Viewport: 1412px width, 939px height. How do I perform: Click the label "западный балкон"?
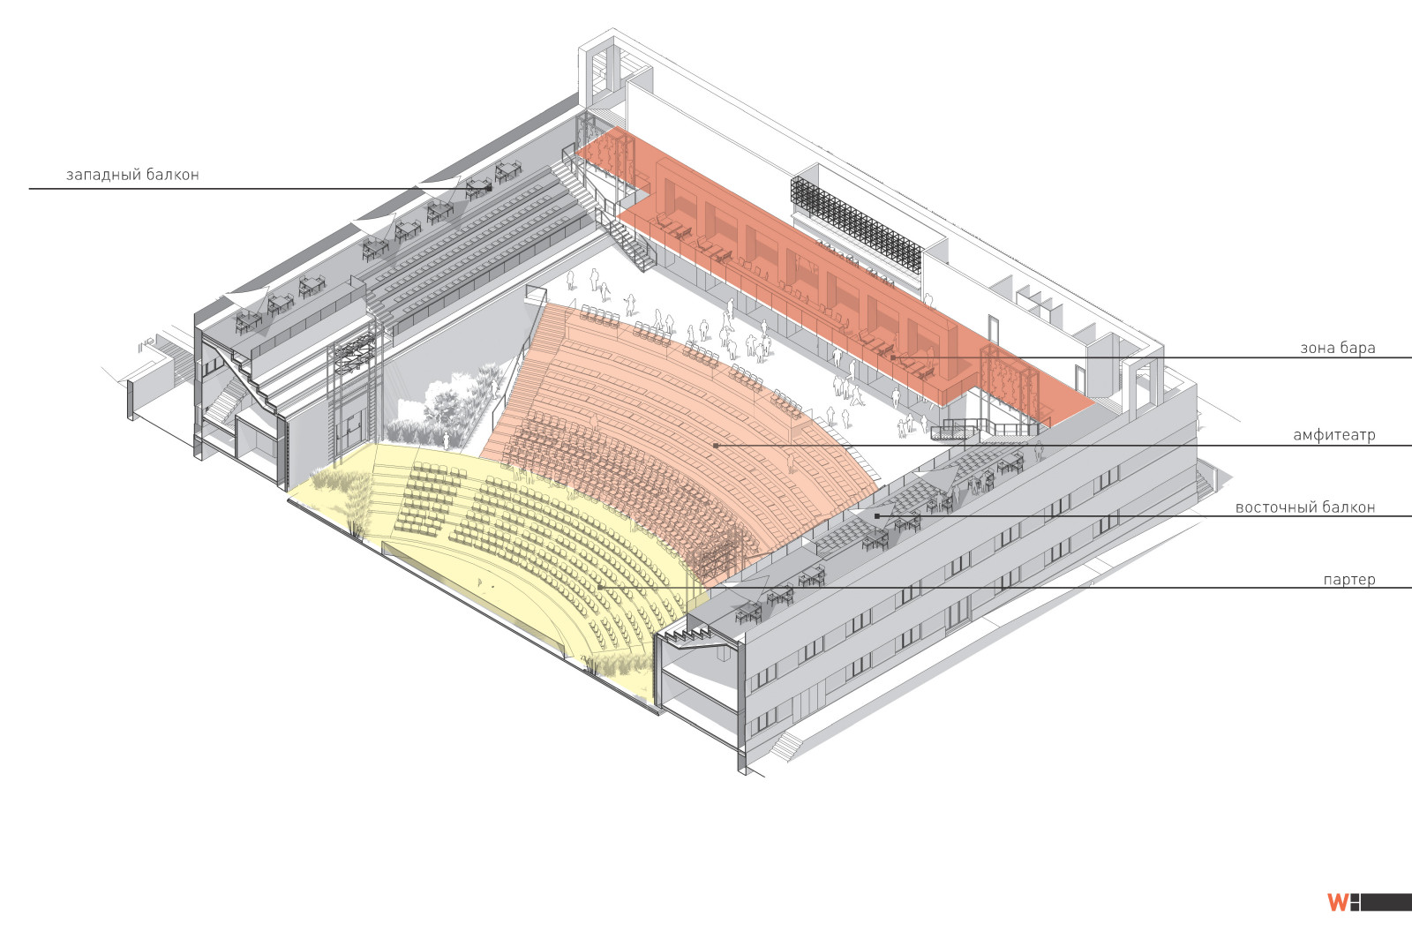(x=132, y=175)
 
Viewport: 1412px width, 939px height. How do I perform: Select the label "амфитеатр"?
(x=1333, y=435)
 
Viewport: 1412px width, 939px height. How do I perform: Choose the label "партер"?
(x=1349, y=580)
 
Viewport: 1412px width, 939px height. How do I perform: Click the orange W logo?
(x=1338, y=903)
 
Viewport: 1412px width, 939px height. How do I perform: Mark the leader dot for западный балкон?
(x=489, y=189)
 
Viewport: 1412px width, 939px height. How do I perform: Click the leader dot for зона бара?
(x=893, y=357)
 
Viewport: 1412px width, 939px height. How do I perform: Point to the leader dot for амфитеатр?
(x=716, y=446)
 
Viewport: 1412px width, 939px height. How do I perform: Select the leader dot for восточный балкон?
(x=877, y=516)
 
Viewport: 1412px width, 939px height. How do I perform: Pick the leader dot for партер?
(x=599, y=588)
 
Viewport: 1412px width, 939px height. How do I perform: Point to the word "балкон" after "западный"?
(x=173, y=175)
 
